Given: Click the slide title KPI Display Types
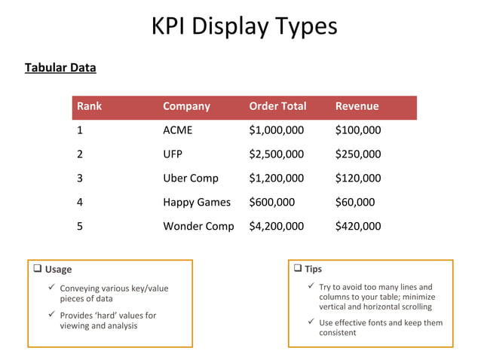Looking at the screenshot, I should [x=244, y=26].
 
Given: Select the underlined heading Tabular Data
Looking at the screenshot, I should [x=60, y=68].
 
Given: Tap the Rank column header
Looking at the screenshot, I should [x=89, y=106].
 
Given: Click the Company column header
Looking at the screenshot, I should [x=186, y=106].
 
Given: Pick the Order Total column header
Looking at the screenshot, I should [x=277, y=106].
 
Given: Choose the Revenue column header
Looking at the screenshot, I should [x=357, y=106].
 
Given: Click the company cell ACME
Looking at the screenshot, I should [x=178, y=130].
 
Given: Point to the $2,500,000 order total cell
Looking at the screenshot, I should [x=276, y=154].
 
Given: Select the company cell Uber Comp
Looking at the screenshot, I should [x=191, y=178].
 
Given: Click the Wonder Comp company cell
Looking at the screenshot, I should [x=198, y=226].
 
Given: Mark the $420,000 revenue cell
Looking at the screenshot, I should [x=357, y=226].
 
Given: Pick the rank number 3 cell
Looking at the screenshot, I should [x=80, y=178].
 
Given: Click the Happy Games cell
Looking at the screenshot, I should [x=197, y=202].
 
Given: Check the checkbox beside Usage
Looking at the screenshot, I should [x=37, y=269].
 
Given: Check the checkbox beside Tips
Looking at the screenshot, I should [x=297, y=268].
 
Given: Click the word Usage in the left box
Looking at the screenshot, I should [x=59, y=270].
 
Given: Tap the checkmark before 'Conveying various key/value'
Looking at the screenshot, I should [x=51, y=288].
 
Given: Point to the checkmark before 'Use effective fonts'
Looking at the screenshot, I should [x=311, y=322].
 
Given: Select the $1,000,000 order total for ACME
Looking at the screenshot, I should [x=276, y=130].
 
